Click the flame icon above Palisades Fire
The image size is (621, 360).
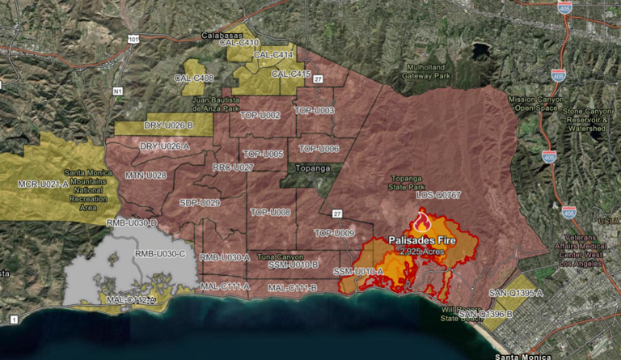[x=421, y=222]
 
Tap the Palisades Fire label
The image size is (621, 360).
[x=422, y=241]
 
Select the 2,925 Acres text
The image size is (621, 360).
[x=423, y=252]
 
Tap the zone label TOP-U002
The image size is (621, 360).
[x=260, y=116]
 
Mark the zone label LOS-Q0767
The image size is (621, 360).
[x=438, y=196]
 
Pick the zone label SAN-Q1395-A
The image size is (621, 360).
[x=516, y=292]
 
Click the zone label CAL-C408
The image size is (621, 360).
[x=194, y=78]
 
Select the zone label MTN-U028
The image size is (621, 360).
[x=146, y=175]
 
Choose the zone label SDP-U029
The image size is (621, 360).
[x=200, y=202]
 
